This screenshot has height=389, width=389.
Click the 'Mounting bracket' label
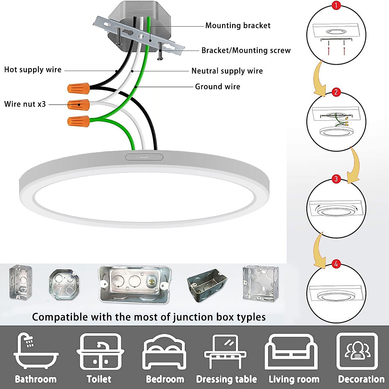click(x=238, y=26)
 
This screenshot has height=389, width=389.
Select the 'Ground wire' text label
click(x=218, y=87)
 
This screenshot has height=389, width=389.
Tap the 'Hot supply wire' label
click(x=33, y=70)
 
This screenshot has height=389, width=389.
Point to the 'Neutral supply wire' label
click(x=227, y=71)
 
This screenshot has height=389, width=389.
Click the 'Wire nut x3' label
click(x=25, y=104)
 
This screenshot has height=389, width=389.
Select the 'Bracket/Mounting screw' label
click(x=246, y=51)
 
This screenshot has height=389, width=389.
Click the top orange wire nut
click(x=78, y=88)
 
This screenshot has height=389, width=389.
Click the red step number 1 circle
click(x=336, y=6)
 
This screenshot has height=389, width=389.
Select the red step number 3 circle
click(x=336, y=179)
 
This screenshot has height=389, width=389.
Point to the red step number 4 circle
click(x=336, y=264)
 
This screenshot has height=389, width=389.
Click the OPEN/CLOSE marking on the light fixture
click(x=144, y=157)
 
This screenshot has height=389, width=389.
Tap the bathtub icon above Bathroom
click(x=36, y=352)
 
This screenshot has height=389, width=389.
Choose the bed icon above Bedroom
click(x=164, y=352)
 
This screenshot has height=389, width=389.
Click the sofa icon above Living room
click(x=291, y=352)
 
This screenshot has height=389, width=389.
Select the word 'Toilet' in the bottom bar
click(x=99, y=379)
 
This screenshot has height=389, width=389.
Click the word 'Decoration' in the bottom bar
click(x=361, y=379)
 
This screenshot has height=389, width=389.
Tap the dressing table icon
click(x=225, y=352)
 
